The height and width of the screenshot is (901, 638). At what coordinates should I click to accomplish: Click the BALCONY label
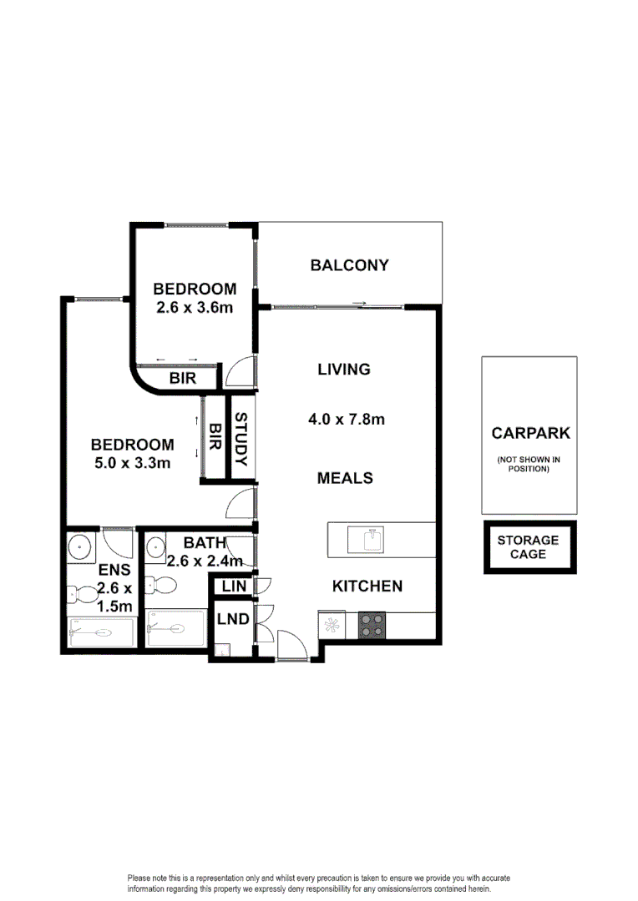coord(349,265)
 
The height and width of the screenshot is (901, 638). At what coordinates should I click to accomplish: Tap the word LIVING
coord(343,369)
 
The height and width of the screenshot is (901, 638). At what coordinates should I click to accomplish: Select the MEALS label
coord(344,478)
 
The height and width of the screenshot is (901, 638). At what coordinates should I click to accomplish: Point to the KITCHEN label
coord(367,586)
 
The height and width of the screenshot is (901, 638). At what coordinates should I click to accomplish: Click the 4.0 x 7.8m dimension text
coord(346,420)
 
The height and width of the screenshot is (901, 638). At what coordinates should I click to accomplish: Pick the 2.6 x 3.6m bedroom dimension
coord(194,307)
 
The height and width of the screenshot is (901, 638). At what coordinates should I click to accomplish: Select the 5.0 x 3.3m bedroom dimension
coord(133,463)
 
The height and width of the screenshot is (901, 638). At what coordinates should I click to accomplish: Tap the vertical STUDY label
coord(240,440)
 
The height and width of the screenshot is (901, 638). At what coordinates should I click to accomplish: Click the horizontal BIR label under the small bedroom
coord(183,378)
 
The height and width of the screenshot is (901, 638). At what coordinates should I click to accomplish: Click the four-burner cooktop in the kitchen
coord(372,626)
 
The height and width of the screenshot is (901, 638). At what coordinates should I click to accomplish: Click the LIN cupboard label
coord(235,587)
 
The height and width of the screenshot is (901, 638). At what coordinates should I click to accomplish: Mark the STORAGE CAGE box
coord(529,547)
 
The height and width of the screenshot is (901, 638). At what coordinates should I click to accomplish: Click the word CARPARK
coord(530,433)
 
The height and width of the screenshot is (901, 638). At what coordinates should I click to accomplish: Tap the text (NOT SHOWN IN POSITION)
coord(529,464)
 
